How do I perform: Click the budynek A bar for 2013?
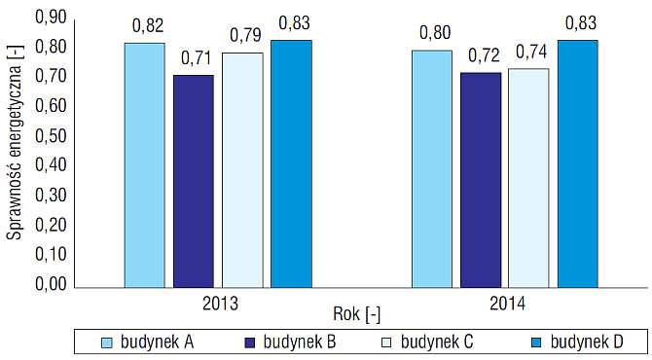(x=145, y=165)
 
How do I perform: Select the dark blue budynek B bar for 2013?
(x=194, y=181)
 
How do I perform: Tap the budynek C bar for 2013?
(x=242, y=170)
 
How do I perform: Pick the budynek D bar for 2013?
(x=292, y=163)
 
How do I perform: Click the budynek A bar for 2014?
(x=432, y=168)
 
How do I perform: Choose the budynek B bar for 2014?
(x=481, y=180)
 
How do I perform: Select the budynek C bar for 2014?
(x=529, y=178)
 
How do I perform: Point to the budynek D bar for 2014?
(x=578, y=163)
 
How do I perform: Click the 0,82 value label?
(x=148, y=26)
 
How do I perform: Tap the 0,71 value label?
(x=197, y=58)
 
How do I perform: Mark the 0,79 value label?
(x=246, y=36)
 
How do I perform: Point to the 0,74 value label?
(x=532, y=52)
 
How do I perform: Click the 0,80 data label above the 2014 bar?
(x=435, y=33)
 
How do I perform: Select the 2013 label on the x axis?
(x=220, y=304)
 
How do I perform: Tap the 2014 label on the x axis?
(x=507, y=304)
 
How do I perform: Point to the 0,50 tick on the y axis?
(x=51, y=136)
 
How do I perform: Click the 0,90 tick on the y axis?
(x=51, y=18)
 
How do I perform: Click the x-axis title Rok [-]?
(x=356, y=314)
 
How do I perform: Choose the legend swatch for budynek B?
(x=249, y=342)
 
